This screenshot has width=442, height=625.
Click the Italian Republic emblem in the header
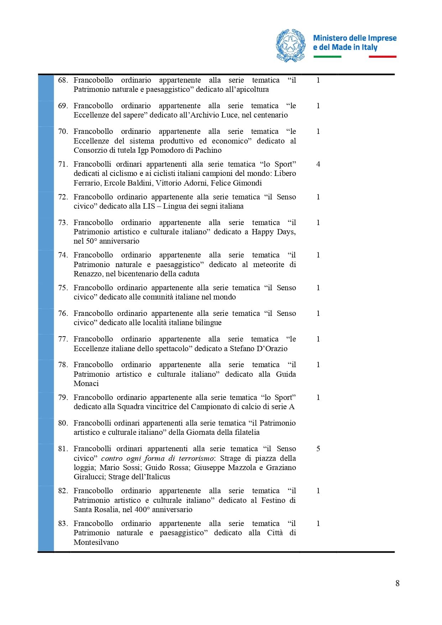click(291, 46)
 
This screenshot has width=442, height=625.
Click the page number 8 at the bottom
click(397, 583)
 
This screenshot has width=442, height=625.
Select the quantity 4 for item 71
click(318, 164)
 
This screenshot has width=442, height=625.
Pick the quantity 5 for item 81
click(318, 449)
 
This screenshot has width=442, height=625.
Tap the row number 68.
click(63, 80)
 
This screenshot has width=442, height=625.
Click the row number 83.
click(63, 524)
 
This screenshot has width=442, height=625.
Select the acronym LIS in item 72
click(149, 206)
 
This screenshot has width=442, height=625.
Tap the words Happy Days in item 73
click(273, 232)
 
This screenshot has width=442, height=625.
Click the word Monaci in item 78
click(86, 384)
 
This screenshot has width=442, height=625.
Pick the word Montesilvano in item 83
click(96, 542)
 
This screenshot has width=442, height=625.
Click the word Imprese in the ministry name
click(382, 38)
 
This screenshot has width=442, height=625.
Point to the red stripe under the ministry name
click(382, 57)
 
